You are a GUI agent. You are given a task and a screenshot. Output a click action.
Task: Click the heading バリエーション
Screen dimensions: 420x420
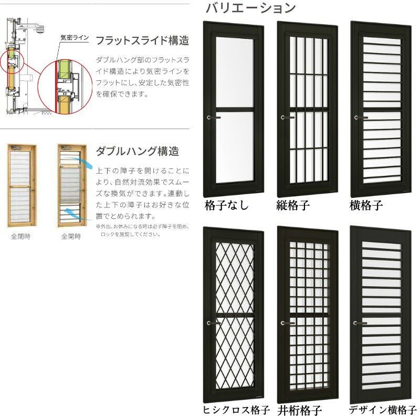click(x=250, y=8)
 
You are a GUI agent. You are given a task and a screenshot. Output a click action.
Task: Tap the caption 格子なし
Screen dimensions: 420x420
click(x=227, y=205)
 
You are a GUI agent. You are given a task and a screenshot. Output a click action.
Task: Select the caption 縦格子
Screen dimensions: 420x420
click(x=292, y=205)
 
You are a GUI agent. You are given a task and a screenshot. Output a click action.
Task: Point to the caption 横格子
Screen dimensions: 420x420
click(x=366, y=205)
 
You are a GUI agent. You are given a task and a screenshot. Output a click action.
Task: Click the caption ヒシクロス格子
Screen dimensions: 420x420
click(x=235, y=410)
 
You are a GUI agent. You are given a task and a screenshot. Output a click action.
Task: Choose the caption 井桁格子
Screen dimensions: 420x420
click(x=300, y=410)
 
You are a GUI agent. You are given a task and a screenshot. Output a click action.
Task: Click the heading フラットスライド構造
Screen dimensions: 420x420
click(x=142, y=40)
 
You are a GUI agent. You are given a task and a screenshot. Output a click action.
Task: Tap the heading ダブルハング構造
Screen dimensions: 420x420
click(x=137, y=151)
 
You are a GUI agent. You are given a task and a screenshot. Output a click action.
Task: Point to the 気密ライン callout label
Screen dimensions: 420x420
click(x=74, y=38)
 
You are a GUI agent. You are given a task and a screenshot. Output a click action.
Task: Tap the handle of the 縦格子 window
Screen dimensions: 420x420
click(x=285, y=118)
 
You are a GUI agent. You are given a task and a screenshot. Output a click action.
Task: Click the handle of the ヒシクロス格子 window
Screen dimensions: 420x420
click(x=211, y=322)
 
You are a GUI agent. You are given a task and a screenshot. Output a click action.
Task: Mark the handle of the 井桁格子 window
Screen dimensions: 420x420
click(x=285, y=323)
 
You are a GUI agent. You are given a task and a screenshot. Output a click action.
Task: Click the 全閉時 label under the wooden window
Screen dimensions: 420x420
click(x=20, y=236)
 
